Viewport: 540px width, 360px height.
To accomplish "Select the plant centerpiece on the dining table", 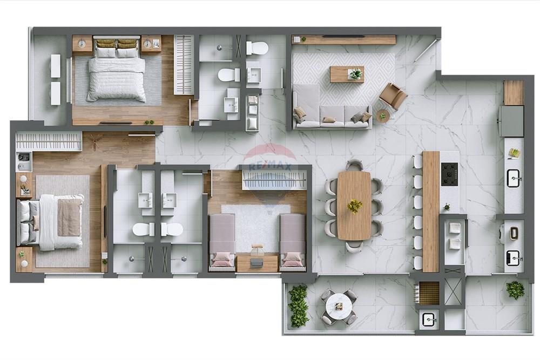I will pos(355,206).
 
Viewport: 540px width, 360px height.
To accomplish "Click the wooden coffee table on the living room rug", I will pos(347,74).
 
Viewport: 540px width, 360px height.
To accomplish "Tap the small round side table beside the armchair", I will pos(382,116).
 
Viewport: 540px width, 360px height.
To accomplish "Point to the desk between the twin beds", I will pos(257,262).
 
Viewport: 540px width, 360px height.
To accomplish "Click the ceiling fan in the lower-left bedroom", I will pos(96,141).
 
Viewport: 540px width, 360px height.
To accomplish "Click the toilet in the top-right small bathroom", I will pos(258,48).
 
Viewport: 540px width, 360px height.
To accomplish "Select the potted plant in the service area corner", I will pos(515,290).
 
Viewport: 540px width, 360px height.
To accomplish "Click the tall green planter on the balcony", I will pos(298,306).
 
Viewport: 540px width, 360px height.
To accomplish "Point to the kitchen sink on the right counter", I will pos(514,178).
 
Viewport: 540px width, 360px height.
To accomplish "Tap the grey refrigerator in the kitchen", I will pos(511,121).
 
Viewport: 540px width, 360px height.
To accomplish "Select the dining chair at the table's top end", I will pos(354,165).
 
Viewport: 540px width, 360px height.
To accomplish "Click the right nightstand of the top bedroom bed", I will pos(151,44).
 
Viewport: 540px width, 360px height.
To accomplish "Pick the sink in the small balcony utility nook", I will pos(429,320).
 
